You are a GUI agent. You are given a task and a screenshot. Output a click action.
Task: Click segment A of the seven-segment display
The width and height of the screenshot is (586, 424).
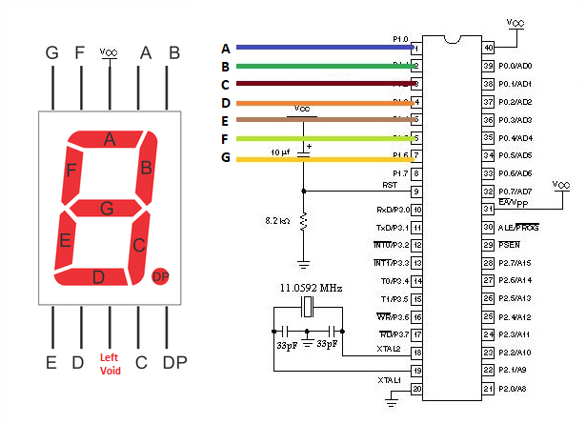pos(110,140)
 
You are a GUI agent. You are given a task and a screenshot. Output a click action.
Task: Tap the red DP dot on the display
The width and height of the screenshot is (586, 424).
pos(160,275)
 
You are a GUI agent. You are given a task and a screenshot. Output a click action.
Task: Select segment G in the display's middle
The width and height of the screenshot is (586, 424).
pos(107,207)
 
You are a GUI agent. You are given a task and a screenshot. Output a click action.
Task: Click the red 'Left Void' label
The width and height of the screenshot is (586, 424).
pos(111,364)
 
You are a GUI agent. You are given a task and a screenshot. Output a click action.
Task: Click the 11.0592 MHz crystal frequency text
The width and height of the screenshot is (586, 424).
pos(310,287)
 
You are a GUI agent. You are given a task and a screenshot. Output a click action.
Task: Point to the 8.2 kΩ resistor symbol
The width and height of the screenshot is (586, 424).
pos(304,221)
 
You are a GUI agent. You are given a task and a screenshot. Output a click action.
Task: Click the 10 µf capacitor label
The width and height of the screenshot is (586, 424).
pos(280,152)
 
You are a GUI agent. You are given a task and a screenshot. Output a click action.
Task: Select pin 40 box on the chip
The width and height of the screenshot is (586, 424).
pos(489,47)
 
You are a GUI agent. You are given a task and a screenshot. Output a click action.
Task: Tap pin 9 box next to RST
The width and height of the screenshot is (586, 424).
pos(416,192)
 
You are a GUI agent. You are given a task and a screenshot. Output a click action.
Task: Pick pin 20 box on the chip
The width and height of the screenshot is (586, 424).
pos(416,388)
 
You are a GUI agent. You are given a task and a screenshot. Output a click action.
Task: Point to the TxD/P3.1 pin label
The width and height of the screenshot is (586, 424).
pos(392,227)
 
